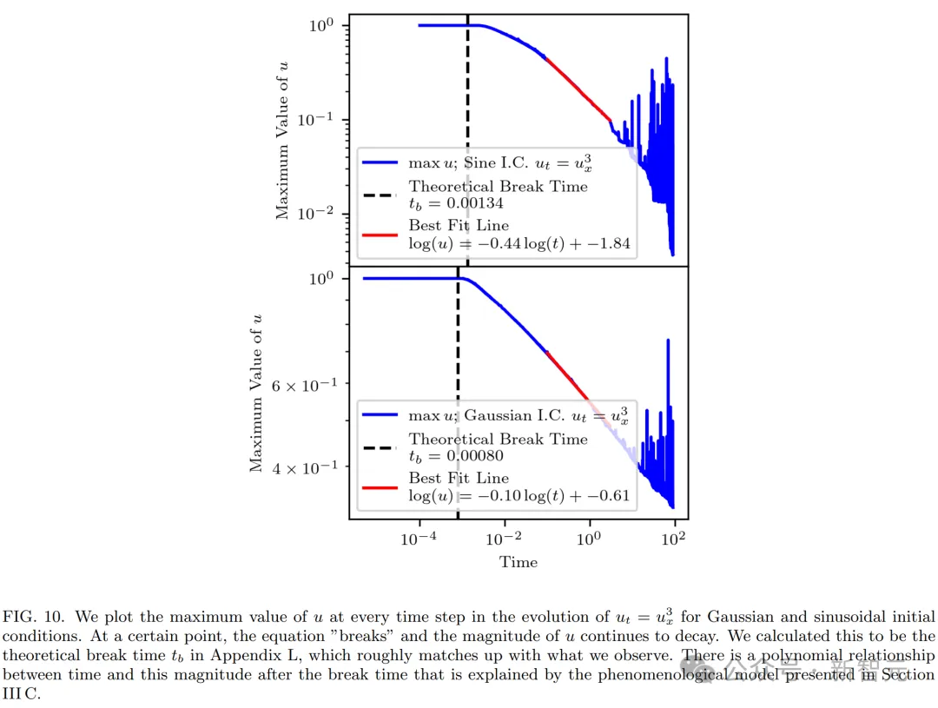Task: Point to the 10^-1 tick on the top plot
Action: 318,119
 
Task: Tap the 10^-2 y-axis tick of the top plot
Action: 318,214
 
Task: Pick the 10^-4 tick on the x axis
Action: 419,538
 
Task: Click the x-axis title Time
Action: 519,562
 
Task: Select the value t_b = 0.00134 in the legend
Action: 456,203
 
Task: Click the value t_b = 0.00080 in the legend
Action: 456,456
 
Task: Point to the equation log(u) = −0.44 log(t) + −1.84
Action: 519,243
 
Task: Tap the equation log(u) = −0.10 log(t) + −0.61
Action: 519,496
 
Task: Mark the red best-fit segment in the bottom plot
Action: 569,374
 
